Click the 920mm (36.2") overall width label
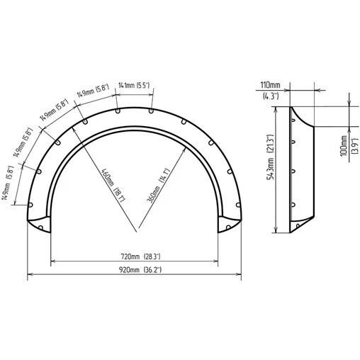tap(135, 270)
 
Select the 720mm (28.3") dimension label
tap(135, 256)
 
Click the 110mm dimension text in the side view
tap(270, 84)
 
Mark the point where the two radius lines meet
tap(135, 232)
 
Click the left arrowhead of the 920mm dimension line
tap(29, 276)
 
